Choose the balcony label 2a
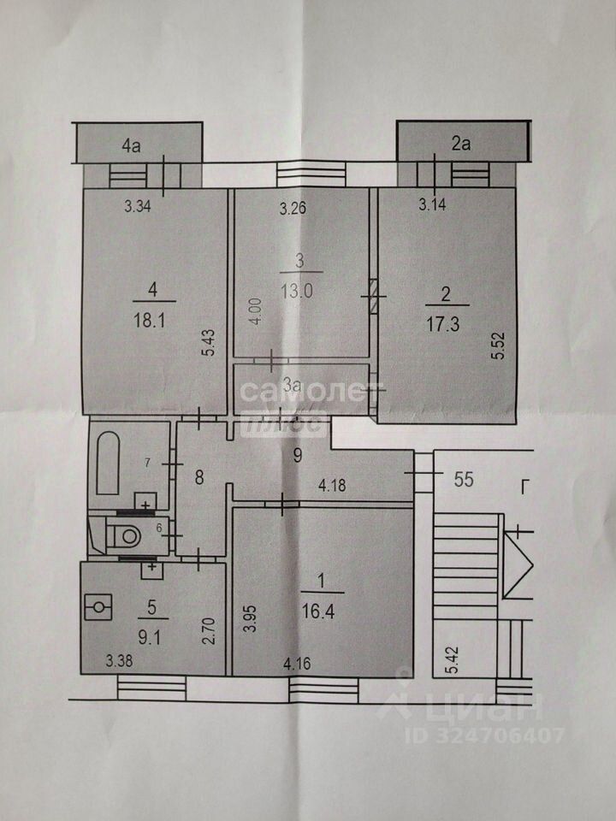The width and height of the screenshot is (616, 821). (x=461, y=144)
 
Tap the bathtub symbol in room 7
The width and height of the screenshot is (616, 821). (x=108, y=463)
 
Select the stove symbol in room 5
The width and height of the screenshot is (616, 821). (x=99, y=607)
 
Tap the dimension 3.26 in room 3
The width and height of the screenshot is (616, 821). (x=294, y=206)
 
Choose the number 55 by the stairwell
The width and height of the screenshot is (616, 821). (x=464, y=479)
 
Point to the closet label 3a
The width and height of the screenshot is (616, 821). (x=293, y=386)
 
